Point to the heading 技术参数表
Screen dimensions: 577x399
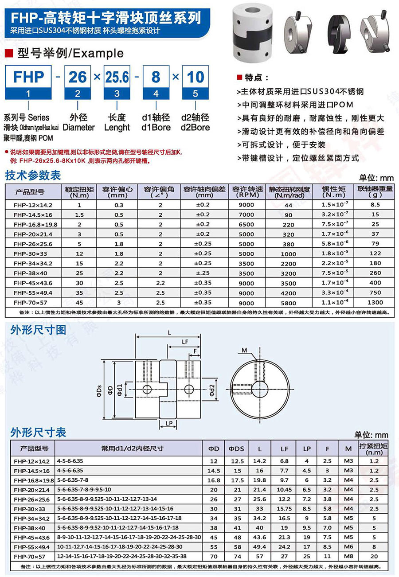point(33,175)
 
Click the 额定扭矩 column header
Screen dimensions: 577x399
point(79,192)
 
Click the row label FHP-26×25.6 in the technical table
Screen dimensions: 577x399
point(33,244)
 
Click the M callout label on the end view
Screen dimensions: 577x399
point(244,351)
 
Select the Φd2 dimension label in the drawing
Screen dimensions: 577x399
point(212,390)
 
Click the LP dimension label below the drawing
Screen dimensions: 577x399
point(168,424)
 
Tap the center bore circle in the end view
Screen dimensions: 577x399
point(260,390)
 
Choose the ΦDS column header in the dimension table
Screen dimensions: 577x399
point(236,448)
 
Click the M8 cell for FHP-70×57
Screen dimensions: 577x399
point(349,556)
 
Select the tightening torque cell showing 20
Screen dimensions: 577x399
point(374,556)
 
